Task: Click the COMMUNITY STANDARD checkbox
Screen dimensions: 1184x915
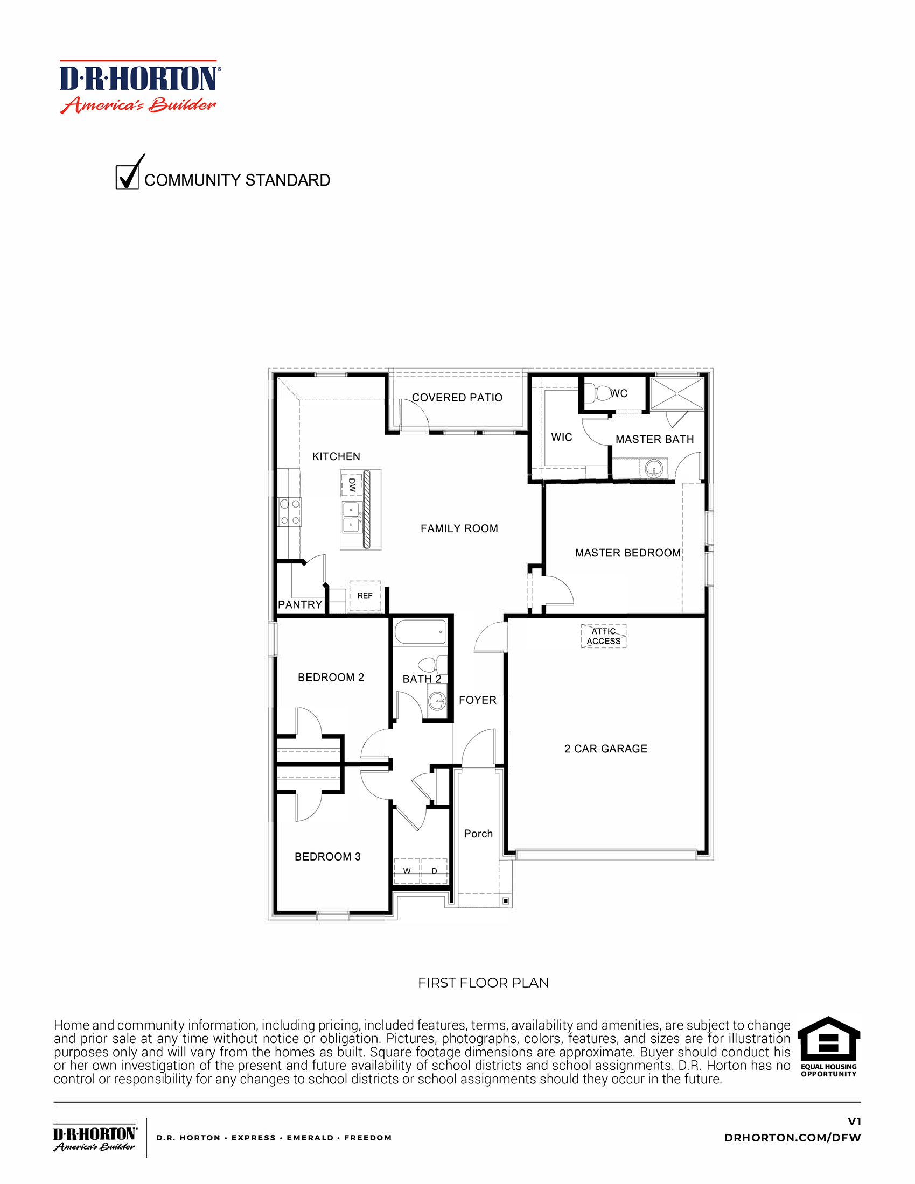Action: (x=127, y=177)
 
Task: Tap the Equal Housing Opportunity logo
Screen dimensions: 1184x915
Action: (x=828, y=1046)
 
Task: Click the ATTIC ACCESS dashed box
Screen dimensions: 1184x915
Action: (x=603, y=636)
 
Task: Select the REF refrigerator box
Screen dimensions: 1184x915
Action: (x=365, y=596)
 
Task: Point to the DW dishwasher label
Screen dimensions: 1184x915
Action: (x=352, y=484)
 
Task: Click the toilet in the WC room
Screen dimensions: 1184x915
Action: (x=601, y=392)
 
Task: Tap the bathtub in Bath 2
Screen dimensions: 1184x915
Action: (x=421, y=632)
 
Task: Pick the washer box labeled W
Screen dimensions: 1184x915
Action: (x=407, y=871)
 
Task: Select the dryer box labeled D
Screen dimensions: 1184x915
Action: (x=435, y=871)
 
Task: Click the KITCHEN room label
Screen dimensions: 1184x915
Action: (x=336, y=456)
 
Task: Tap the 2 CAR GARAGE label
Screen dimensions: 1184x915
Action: (x=605, y=749)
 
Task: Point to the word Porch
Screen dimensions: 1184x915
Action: (x=478, y=834)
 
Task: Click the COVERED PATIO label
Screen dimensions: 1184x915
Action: (x=457, y=397)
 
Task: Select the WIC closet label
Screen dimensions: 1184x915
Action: (x=561, y=437)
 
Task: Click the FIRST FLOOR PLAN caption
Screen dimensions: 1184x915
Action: (x=483, y=983)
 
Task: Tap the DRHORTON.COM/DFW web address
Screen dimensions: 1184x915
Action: (x=792, y=1137)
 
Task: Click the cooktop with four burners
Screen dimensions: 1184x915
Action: (x=290, y=512)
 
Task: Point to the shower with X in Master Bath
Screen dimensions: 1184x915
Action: (x=677, y=394)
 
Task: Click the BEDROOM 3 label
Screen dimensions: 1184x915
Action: (x=327, y=857)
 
